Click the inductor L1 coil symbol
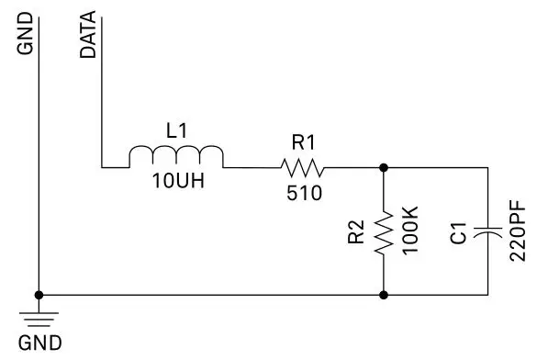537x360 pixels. click(175, 157)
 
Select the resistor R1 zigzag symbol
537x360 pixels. click(302, 167)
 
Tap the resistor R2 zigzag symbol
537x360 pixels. click(384, 231)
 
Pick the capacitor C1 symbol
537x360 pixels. click(488, 231)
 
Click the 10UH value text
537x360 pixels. click(178, 182)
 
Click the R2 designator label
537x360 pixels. click(357, 232)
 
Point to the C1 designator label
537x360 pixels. click(460, 231)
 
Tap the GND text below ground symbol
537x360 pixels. click(41, 344)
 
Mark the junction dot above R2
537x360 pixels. click(384, 167)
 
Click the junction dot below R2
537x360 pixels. click(384, 295)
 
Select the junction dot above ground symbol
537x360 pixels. click(39, 295)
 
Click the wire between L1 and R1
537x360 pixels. click(250, 167)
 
